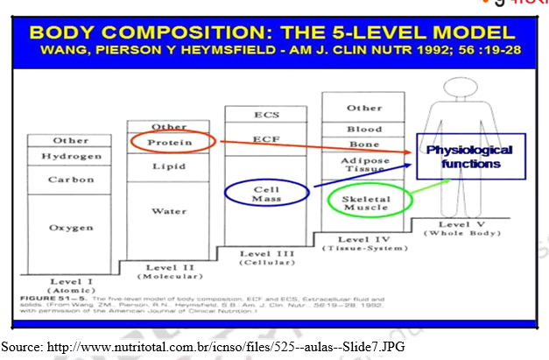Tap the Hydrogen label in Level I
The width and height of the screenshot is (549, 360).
pos(71,156)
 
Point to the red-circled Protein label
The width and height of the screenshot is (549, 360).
pos(169,142)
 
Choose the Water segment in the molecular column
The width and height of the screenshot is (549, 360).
pos(169,211)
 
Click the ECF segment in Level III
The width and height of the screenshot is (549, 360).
pos(265,138)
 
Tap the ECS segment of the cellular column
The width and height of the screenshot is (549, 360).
pos(265,115)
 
